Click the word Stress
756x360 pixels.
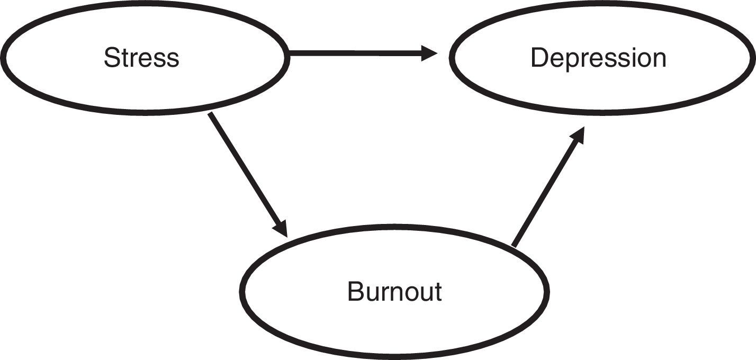(141, 58)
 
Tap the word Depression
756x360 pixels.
(598, 58)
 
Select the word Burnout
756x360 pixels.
(394, 292)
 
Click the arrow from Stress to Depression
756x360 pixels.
(360, 53)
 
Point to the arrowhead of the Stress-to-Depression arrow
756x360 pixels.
(430, 53)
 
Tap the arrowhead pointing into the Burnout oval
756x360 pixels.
(281, 228)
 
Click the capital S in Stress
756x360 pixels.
(111, 58)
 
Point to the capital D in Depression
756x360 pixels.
(538, 58)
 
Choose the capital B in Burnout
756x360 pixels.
(355, 292)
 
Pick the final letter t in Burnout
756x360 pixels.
(438, 293)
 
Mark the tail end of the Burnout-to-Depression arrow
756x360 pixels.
(514, 245)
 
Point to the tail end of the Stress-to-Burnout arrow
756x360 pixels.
(210, 114)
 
